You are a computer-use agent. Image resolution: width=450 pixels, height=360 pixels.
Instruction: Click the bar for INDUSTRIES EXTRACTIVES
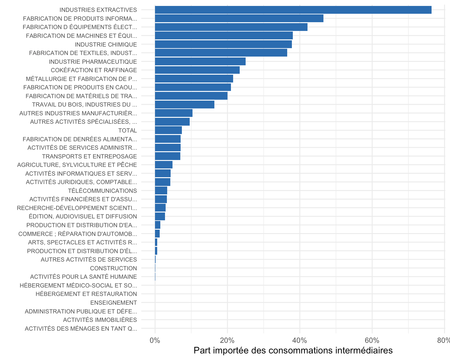click(293, 10)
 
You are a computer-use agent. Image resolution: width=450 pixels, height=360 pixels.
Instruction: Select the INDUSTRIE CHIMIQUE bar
click(223, 44)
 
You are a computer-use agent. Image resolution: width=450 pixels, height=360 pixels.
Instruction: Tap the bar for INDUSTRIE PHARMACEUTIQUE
click(200, 62)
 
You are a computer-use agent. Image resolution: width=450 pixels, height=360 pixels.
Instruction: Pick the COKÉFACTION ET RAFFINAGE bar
click(197, 70)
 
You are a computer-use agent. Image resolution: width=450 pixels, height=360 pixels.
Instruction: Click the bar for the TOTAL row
click(168, 130)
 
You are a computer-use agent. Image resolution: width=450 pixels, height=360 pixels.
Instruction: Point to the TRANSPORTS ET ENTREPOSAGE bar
click(167, 156)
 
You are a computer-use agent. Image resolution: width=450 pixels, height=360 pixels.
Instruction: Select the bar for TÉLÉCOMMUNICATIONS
click(161, 191)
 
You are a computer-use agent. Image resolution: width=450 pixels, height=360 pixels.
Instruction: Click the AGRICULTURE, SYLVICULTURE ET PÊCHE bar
click(164, 165)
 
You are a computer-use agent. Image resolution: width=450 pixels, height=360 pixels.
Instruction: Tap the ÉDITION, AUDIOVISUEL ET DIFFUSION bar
click(160, 216)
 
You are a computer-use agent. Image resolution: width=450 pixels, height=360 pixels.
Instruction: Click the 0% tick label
click(155, 341)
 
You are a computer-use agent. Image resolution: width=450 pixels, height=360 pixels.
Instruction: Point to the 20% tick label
click(227, 341)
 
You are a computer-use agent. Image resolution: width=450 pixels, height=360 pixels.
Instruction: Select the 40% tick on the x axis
click(300, 341)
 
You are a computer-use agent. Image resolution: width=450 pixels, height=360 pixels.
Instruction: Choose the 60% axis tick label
click(372, 341)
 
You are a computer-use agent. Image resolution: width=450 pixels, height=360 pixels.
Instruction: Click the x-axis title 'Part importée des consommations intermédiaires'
click(293, 351)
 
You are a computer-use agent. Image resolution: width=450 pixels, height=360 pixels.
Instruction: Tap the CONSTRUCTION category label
click(113, 268)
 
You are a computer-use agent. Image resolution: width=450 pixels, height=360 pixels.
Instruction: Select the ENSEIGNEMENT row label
click(113, 303)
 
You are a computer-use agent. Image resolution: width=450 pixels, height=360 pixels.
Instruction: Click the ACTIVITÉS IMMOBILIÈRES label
click(100, 320)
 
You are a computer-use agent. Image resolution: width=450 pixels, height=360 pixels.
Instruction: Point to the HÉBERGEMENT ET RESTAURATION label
click(86, 294)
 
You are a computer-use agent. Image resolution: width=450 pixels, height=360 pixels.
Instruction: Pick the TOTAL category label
click(127, 131)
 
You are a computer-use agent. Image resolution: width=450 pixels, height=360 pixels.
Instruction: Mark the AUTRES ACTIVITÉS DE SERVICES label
click(89, 260)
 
